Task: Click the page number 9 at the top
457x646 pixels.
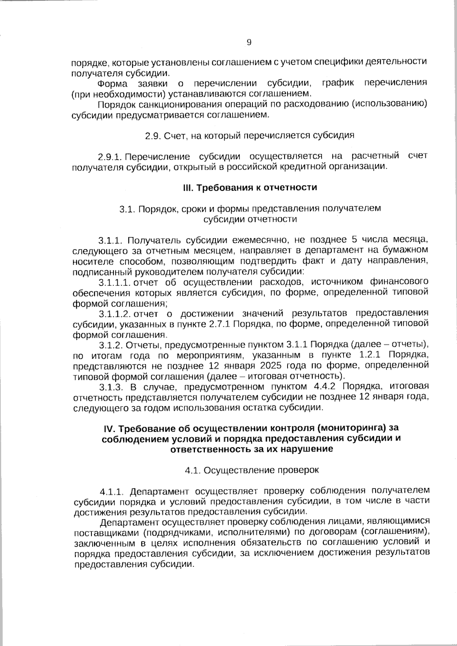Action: click(x=249, y=42)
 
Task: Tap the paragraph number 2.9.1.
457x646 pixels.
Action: click(x=110, y=156)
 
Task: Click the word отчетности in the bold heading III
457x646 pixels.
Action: click(x=294, y=188)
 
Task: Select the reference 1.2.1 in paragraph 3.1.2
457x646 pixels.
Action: click(x=373, y=355)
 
